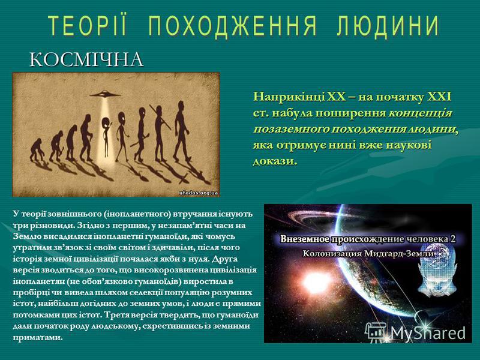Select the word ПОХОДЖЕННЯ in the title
pyautogui.click(x=232, y=25)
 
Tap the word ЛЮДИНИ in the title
pyautogui.click(x=388, y=25)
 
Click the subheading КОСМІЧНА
pyautogui.click(x=86, y=59)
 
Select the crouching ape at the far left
pyautogui.click(x=37, y=149)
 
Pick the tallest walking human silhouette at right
pyautogui.click(x=182, y=131)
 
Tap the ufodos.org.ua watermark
pyautogui.click(x=199, y=193)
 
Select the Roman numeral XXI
pyautogui.click(x=439, y=97)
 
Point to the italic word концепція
pyautogui.click(x=421, y=113)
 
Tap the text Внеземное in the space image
pyautogui.click(x=305, y=239)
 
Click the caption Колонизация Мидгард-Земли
pyautogui.click(x=368, y=253)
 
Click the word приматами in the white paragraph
pyautogui.click(x=38, y=337)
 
